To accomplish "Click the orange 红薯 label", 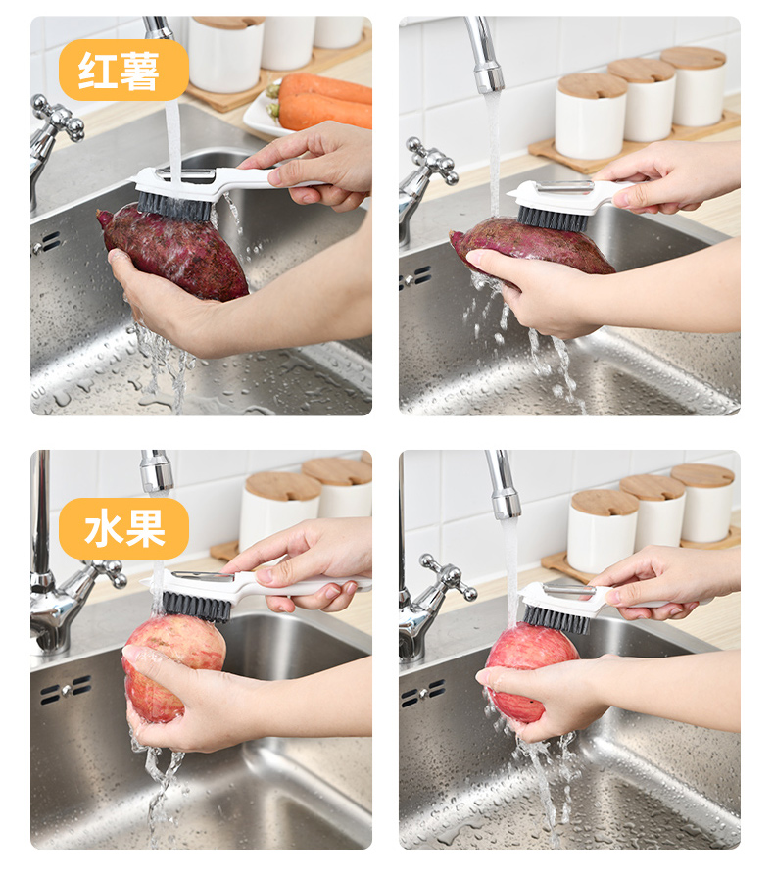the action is click(123, 70).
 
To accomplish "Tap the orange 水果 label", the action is click(123, 528).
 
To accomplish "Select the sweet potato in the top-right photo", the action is click(531, 246).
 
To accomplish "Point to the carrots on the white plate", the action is click(323, 101).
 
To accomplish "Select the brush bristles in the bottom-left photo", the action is click(196, 607).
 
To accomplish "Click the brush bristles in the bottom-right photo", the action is click(556, 618).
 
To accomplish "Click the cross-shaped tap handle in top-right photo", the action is click(432, 161).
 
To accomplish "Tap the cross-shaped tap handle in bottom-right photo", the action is click(449, 577).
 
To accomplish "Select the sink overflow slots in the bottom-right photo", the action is click(423, 693).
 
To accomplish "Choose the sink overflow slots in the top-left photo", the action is click(45, 243).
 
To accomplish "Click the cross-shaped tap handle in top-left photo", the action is click(57, 120).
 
